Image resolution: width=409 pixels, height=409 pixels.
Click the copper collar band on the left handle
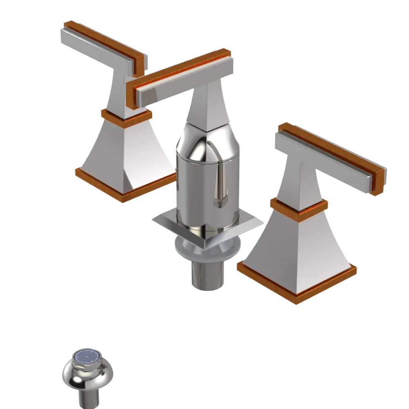tap(126, 116)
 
